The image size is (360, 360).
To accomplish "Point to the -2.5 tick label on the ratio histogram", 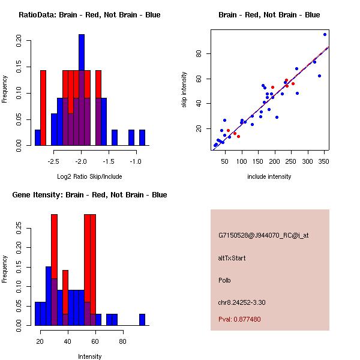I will (x=54, y=161).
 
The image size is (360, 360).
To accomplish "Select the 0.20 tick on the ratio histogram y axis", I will (x=19, y=42).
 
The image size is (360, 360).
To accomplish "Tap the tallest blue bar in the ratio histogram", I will (x=82, y=90).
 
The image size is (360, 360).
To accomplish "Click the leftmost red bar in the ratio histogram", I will (x=43, y=108).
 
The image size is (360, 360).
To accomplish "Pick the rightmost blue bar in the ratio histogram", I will (x=142, y=137).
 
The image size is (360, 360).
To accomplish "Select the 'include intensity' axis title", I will (x=269, y=176).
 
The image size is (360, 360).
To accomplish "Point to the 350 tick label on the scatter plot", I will (x=323, y=161).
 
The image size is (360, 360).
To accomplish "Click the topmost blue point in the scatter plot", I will (x=325, y=34).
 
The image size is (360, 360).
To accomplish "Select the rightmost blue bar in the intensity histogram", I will (x=142, y=319).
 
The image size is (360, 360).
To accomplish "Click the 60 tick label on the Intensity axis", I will (x=95, y=341).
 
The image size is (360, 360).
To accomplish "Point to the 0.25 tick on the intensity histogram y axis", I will (x=19, y=228).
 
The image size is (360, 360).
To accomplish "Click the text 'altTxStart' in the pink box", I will (x=232, y=259).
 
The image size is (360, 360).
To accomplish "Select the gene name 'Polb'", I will (x=225, y=280).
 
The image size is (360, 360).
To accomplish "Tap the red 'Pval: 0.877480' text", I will (x=239, y=319).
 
